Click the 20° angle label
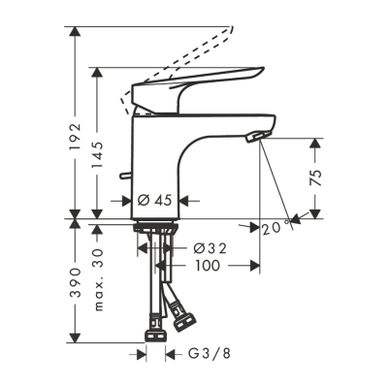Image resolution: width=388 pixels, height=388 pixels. pyautogui.click(x=275, y=226)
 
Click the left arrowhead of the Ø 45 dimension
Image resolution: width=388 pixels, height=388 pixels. pyautogui.click(x=129, y=202)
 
